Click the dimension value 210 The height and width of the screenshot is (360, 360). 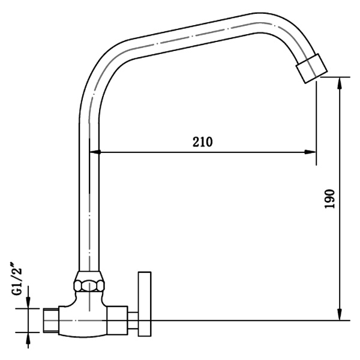coord(203,142)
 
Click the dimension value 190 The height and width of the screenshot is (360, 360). coord(329,199)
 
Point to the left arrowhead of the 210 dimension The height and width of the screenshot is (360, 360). coord(95,152)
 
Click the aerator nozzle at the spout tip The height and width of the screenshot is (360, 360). coord(312,67)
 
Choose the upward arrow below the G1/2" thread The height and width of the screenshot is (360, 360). coord(28,339)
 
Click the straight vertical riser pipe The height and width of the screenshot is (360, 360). coord(89,210)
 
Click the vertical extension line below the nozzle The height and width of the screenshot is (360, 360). coord(317,120)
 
